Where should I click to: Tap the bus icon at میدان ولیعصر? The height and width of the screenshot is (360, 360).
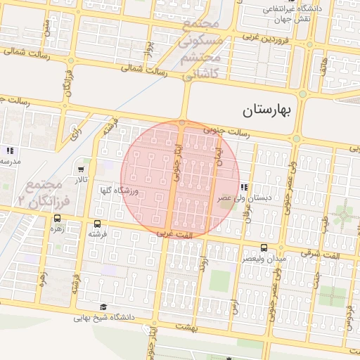click(x=264, y=247)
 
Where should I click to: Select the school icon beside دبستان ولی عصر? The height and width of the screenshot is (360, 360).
click(x=244, y=187)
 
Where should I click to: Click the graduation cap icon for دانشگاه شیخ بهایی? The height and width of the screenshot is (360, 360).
click(x=104, y=307)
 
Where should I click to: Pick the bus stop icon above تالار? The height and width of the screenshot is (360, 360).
click(x=82, y=169)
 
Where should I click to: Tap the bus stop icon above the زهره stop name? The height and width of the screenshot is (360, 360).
click(x=56, y=219)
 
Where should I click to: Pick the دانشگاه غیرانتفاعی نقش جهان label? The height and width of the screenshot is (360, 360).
click(x=291, y=14)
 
